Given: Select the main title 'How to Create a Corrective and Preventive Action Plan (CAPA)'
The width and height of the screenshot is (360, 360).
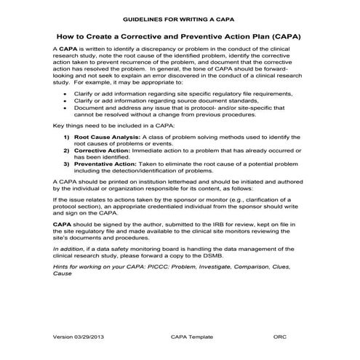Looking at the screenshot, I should pos(179,35).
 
